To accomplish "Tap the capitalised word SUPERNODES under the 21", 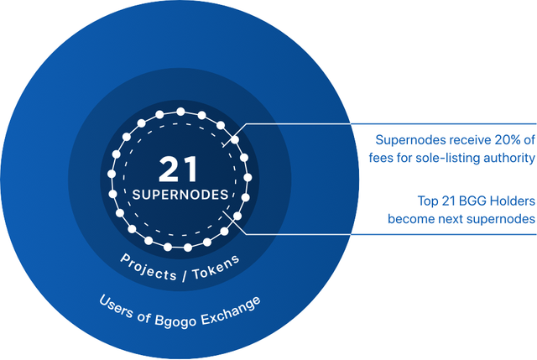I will pos(180,194).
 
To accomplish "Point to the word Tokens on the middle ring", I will pos(217,253).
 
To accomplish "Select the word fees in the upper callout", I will pos(393,157).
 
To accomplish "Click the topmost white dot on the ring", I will pos(180,112).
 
